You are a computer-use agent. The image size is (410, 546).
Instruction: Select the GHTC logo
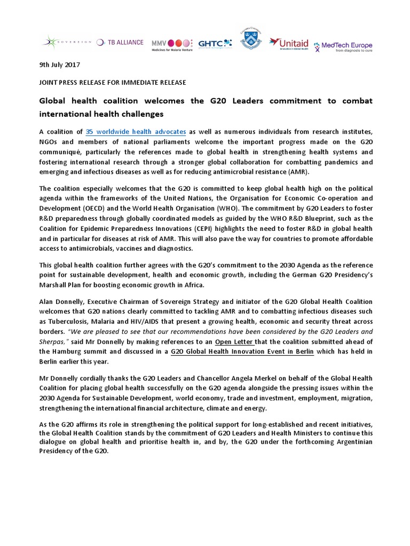click(x=215, y=43)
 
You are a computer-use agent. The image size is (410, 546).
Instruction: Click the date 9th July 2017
click(x=60, y=65)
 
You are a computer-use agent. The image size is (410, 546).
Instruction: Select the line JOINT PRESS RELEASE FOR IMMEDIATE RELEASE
click(x=112, y=82)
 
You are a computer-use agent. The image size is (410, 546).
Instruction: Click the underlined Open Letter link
click(x=234, y=341)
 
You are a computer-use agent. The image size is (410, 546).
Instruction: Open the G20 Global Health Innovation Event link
click(x=242, y=351)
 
